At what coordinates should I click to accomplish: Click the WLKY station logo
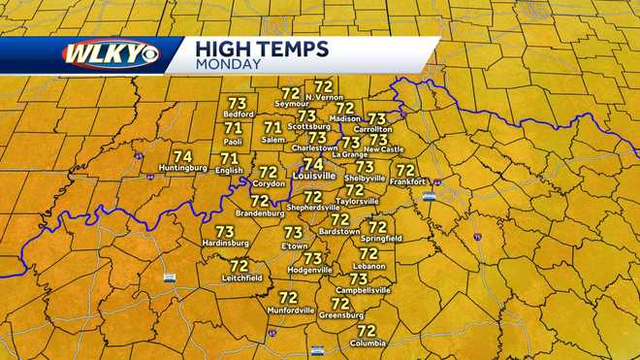tap(110, 53)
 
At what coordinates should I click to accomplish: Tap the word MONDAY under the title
tap(227, 65)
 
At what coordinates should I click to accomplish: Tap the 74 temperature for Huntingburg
tap(182, 156)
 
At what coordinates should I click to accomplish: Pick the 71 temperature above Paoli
tap(233, 128)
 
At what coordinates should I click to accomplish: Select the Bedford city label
tap(239, 115)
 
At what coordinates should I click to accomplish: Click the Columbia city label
tap(367, 343)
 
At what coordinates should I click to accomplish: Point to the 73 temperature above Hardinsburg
tap(225, 232)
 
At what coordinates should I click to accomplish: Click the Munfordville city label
tap(288, 311)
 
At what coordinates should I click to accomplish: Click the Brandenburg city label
tap(259, 213)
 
